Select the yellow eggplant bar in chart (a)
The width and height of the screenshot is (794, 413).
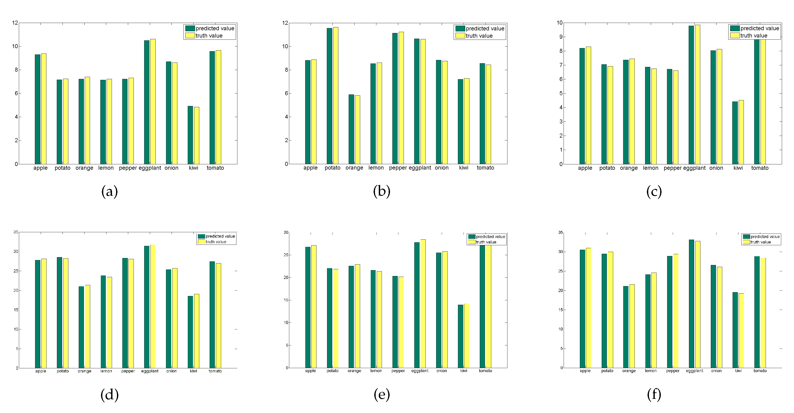click(153, 102)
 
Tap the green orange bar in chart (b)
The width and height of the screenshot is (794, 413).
click(351, 129)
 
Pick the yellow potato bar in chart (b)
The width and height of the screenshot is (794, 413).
click(336, 95)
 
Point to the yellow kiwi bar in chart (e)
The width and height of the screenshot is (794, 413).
click(467, 336)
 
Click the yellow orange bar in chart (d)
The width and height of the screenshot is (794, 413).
click(87, 327)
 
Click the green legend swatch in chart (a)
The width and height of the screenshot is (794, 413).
click(190, 28)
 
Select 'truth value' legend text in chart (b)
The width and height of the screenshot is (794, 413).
click(479, 36)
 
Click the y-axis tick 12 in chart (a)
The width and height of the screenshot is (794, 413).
click(15, 23)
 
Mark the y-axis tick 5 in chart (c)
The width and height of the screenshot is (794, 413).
click(561, 93)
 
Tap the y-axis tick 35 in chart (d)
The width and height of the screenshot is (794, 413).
click(16, 232)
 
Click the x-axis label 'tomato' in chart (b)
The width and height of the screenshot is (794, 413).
click(485, 168)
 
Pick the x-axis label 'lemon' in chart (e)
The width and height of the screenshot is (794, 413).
click(376, 371)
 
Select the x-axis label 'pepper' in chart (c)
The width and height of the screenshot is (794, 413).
click(672, 168)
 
